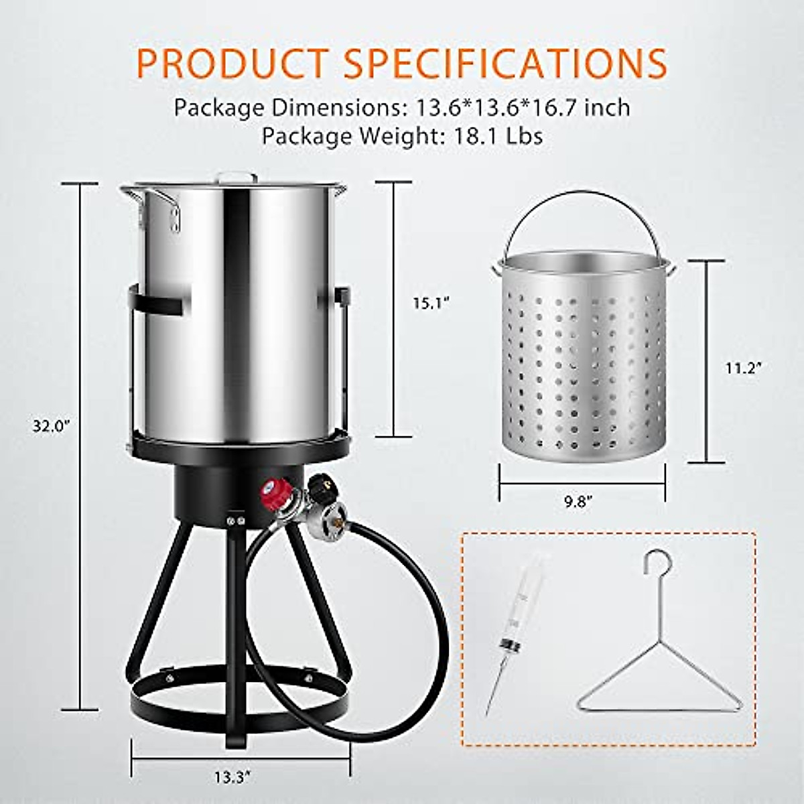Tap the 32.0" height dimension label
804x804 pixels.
[x=52, y=427]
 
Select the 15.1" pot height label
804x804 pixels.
[x=430, y=303]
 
